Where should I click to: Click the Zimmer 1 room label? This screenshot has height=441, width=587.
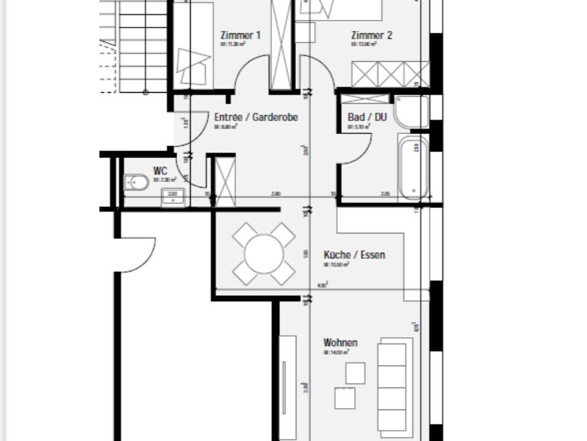click(240, 35)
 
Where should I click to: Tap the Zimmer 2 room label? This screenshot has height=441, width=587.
click(371, 35)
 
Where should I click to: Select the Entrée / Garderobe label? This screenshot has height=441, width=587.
click(255, 117)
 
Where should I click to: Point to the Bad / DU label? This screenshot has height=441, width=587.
click(367, 117)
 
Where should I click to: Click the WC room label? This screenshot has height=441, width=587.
click(160, 170)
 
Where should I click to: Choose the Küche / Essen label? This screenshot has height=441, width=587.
click(354, 255)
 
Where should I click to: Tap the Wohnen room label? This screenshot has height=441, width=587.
click(341, 343)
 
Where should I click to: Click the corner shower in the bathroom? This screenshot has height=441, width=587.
click(412, 111)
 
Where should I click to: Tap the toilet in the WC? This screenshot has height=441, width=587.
click(137, 183)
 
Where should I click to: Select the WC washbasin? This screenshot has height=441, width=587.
click(172, 199)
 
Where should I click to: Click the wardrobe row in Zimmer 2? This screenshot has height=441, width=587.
click(391, 73)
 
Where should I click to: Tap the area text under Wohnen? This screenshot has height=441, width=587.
click(336, 352)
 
